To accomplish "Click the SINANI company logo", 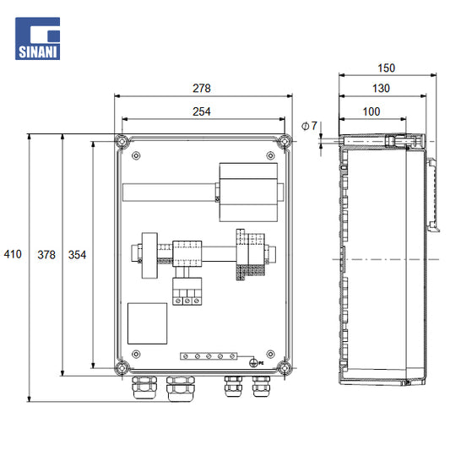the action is coord(38,39).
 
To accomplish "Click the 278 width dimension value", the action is coord(202,88).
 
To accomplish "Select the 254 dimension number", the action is coord(202,111).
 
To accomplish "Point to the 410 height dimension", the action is coord(13,254).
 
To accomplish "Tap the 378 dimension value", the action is coord(46,255).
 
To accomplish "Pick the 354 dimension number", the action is coord(77,255).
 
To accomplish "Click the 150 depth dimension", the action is coord(387,68).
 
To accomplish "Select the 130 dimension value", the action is coord(381,88).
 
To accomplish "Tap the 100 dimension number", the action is coord(371,111).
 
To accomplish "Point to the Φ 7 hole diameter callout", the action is coord(309,126).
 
